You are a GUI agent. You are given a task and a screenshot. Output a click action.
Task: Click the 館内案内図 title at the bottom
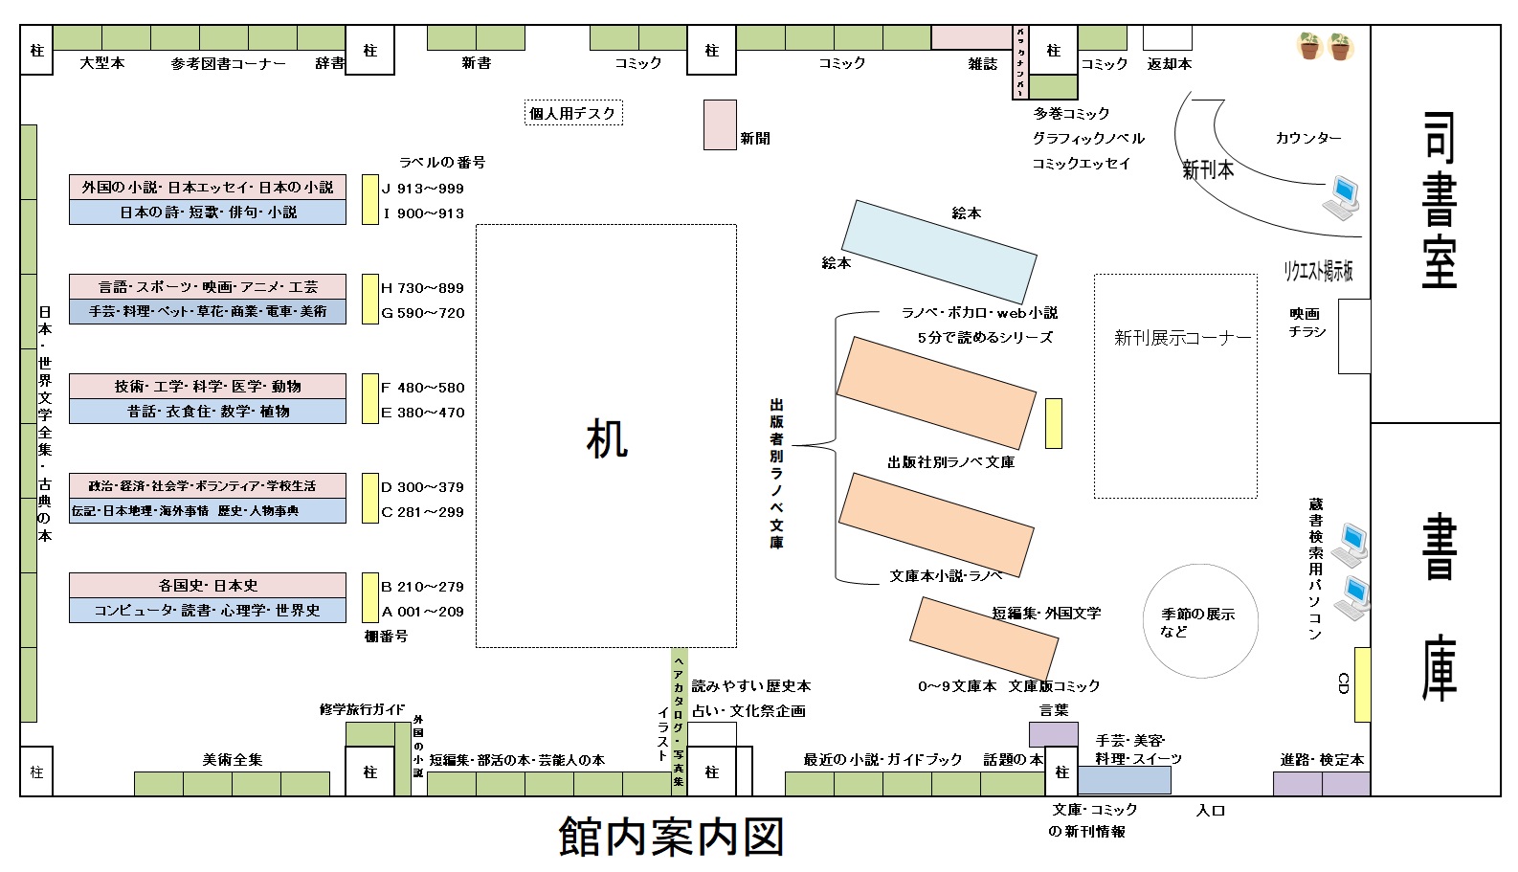coord(671,837)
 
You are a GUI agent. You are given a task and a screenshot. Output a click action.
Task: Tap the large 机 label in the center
coord(607,439)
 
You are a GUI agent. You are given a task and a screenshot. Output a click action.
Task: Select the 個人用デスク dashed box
coord(573,113)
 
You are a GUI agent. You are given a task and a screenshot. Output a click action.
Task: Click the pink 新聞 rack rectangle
coord(720,124)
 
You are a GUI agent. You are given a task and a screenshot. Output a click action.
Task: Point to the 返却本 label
coord(1169,63)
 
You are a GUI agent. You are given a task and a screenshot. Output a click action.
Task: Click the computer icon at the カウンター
coord(1342,196)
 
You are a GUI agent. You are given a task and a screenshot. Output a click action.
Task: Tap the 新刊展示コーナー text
coord(1182,338)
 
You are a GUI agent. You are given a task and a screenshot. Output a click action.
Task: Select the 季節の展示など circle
coord(1201,621)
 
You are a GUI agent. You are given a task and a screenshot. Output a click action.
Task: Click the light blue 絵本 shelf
coord(939,251)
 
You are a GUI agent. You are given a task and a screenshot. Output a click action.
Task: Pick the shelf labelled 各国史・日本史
coord(208,585)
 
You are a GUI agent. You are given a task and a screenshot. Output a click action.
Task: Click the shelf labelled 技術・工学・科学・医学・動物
coord(208,386)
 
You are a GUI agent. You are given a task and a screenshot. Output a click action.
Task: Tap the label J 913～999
coord(422,189)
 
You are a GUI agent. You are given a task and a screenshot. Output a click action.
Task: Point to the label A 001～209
coord(422,612)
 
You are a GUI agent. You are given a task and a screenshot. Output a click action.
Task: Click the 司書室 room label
coord(1439,201)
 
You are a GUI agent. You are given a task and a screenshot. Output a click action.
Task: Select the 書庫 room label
coord(1439,608)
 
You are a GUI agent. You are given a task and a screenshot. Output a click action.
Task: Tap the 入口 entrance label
coord(1210,811)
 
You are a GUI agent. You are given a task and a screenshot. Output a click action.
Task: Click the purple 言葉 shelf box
coord(1053,734)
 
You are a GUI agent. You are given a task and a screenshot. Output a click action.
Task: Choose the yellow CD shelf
coord(1362,684)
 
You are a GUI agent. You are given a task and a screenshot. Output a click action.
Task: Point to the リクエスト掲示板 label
coord(1318,271)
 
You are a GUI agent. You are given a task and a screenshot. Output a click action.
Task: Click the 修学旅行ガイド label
coord(362,709)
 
